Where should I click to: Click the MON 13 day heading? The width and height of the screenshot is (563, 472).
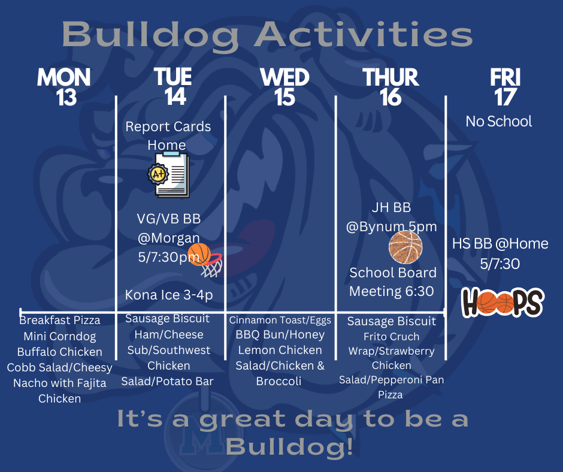click(64, 87)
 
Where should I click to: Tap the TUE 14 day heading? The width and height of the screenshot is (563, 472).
click(174, 87)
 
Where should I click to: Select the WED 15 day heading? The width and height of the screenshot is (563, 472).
click(284, 87)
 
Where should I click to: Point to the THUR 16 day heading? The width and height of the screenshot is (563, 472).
click(391, 87)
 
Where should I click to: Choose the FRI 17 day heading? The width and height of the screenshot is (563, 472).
click(505, 87)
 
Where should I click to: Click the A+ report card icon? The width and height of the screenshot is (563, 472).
click(169, 174)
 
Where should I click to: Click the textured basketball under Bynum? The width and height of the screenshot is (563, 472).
click(405, 247)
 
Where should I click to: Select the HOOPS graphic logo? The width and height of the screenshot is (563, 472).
click(503, 302)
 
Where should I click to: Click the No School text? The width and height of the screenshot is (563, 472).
click(499, 122)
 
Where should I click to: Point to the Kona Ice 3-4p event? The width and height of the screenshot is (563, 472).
click(169, 295)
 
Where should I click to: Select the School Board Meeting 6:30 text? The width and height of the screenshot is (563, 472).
click(392, 282)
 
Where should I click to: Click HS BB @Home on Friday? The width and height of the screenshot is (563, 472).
click(500, 244)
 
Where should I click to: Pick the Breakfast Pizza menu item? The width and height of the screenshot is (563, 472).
click(60, 320)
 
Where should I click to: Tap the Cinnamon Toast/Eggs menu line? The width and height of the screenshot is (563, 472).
click(280, 320)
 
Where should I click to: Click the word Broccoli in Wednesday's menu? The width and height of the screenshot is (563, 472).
click(279, 381)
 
